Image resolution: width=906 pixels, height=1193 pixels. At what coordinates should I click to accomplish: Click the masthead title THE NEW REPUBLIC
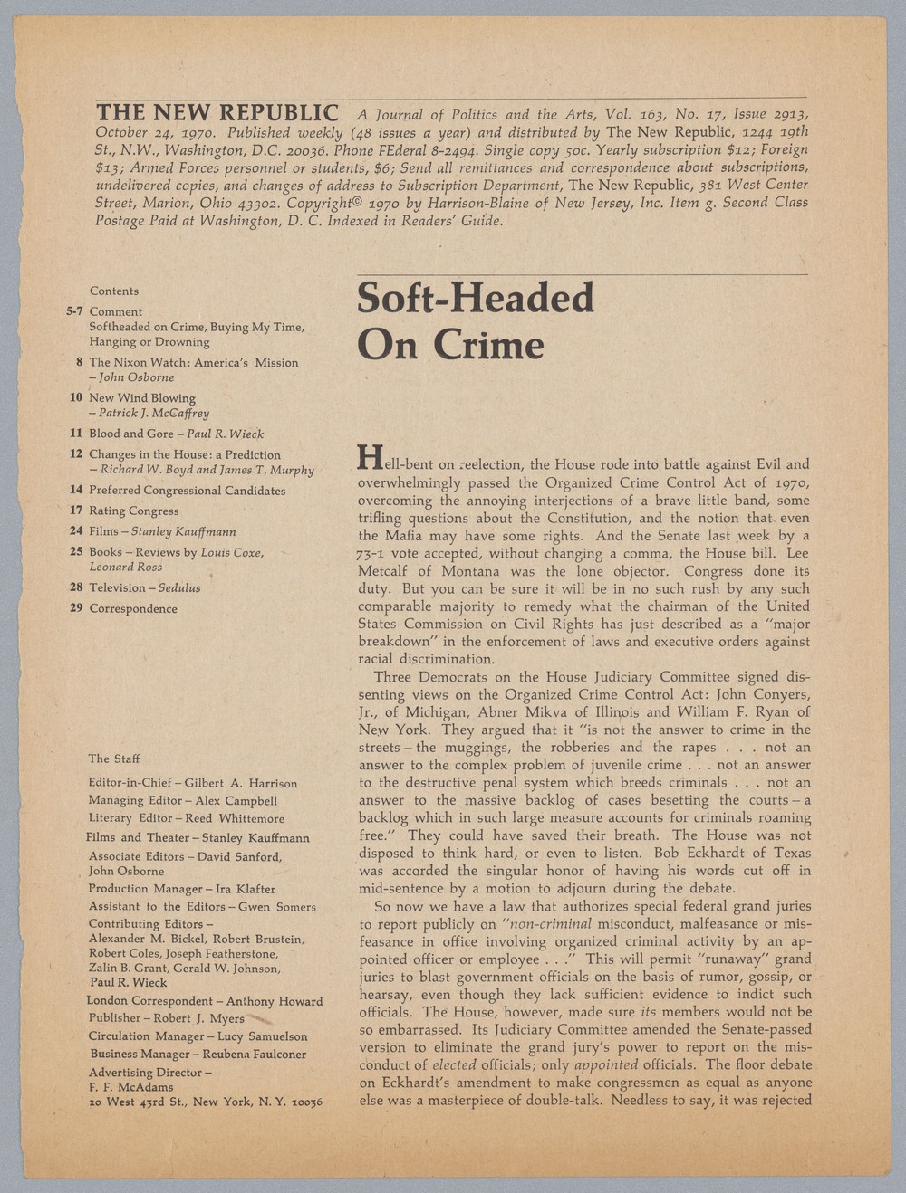pos(217,113)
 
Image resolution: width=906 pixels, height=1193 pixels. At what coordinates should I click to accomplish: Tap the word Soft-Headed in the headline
pos(476,299)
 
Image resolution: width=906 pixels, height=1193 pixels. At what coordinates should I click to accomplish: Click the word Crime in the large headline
pos(489,345)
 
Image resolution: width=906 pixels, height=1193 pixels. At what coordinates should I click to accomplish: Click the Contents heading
pos(114,291)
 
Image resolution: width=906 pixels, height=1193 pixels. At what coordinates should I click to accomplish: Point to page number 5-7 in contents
pos(74,311)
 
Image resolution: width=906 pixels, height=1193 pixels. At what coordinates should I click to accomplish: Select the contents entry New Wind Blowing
pos(142,398)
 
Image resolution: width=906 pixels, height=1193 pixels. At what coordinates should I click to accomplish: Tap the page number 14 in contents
pos(77,490)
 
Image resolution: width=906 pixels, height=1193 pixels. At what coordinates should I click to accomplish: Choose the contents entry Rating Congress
pos(134,511)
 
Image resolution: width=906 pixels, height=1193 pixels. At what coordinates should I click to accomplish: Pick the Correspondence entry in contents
pos(133,608)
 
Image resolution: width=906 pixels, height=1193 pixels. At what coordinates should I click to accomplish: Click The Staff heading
pos(114,759)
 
